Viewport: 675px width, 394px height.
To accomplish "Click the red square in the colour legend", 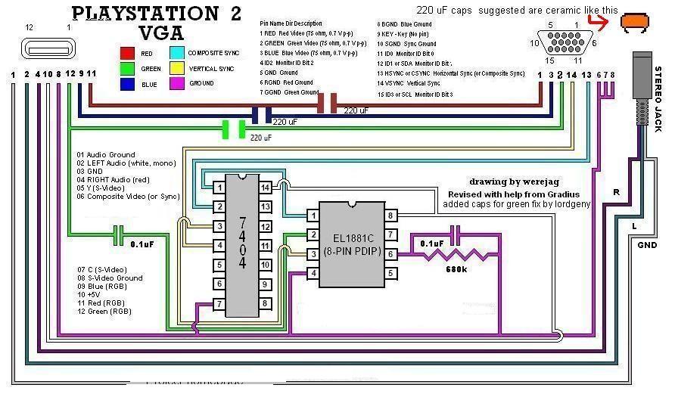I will click(127, 53).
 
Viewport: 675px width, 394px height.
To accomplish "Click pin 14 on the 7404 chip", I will click(266, 187).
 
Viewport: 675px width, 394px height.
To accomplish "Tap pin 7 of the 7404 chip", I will click(218, 304).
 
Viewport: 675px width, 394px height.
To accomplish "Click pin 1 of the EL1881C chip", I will click(311, 216).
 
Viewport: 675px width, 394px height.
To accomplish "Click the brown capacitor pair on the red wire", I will click(327, 104).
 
